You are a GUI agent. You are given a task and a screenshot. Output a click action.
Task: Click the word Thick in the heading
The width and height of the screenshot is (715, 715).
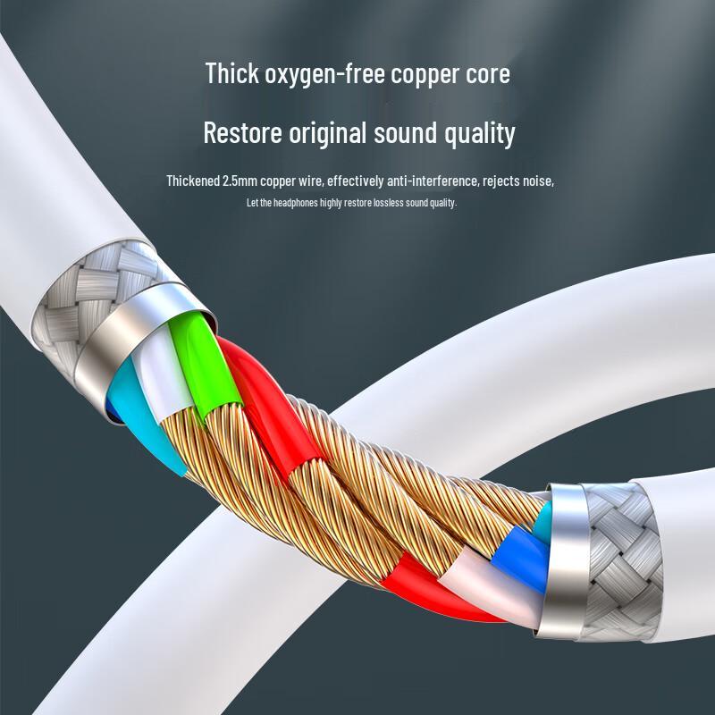coord(232,73)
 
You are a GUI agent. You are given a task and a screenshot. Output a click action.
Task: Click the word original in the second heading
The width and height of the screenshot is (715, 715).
coord(327,133)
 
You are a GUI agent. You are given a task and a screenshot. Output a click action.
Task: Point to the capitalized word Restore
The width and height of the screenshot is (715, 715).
coord(242,132)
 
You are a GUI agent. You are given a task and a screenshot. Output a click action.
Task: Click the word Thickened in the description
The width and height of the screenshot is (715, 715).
coord(193,181)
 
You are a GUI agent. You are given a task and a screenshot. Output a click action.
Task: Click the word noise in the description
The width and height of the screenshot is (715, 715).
coord(538,181)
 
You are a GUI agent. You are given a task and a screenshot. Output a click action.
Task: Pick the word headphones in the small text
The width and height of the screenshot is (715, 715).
coord(296,203)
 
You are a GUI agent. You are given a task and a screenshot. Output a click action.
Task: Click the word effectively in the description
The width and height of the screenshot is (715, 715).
coord(355,181)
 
